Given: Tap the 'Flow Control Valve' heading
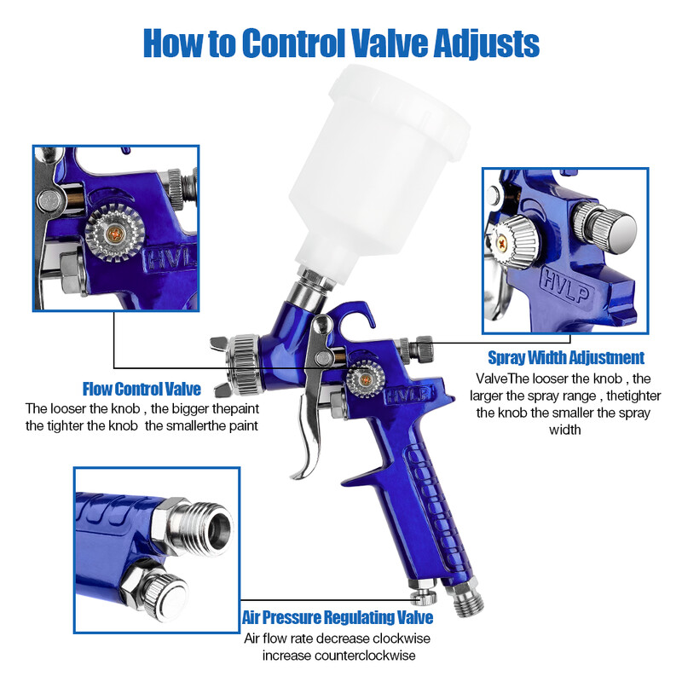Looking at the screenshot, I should click(142, 390).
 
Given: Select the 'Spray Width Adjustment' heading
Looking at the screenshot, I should click(566, 358).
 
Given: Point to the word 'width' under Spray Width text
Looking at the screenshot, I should click(564, 430).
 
